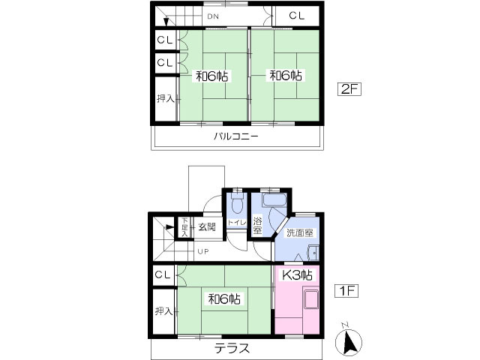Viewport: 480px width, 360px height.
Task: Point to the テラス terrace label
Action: pyautogui.click(x=232, y=348)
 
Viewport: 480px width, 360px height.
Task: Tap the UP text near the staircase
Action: pyautogui.click(x=203, y=251)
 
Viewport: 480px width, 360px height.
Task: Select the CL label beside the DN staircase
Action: pyautogui.click(x=297, y=14)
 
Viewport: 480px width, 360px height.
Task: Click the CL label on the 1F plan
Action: pyautogui.click(x=163, y=275)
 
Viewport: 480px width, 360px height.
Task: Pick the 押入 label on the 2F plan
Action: pyautogui.click(x=165, y=98)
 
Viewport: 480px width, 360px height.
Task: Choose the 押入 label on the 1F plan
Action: pyautogui.click(x=163, y=310)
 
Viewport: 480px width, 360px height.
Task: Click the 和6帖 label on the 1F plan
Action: pyautogui.click(x=224, y=298)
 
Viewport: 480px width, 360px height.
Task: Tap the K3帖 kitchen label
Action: pyautogui.click(x=296, y=275)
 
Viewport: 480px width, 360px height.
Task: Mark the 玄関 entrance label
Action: pyautogui.click(x=206, y=226)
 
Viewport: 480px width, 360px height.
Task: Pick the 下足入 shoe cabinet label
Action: pyautogui.click(x=184, y=227)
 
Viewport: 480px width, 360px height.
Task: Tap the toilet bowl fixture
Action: pyautogui.click(x=237, y=203)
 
